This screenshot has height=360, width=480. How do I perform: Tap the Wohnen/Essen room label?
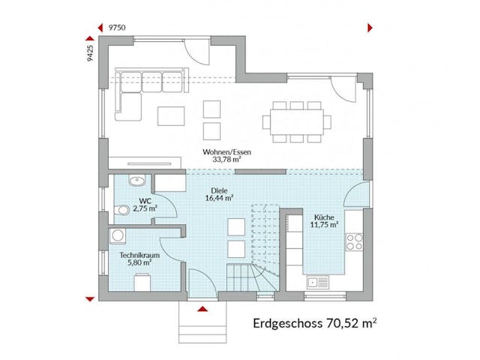click(x=226, y=151)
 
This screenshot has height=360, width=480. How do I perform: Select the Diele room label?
click(x=218, y=190)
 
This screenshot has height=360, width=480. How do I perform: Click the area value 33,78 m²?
click(x=226, y=160)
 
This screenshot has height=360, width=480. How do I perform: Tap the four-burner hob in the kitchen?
click(x=353, y=241)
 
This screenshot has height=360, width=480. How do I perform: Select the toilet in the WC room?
click(x=121, y=210)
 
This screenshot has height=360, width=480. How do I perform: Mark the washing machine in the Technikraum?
click(x=118, y=237)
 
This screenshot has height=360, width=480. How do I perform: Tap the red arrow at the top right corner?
click(x=369, y=28)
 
